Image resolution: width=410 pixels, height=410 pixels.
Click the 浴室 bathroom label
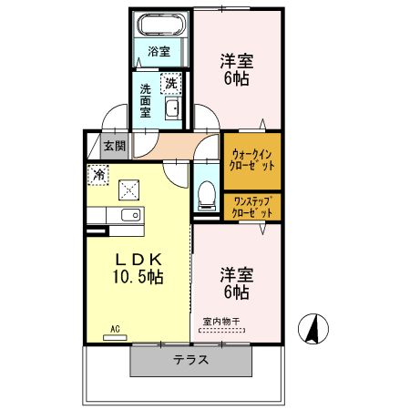click(x=159, y=52)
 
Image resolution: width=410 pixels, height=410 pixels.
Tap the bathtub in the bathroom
click(x=162, y=26)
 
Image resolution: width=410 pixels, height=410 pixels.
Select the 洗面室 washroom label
click(x=147, y=102)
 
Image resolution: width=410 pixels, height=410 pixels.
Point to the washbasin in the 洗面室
click(x=172, y=111)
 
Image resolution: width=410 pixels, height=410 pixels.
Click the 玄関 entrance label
click(x=114, y=144)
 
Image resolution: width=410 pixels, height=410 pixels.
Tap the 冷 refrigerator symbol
click(x=97, y=172)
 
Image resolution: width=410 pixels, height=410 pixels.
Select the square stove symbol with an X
click(x=129, y=190)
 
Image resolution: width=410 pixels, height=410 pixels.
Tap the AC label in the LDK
click(x=115, y=329)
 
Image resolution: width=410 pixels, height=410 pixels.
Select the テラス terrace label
click(x=190, y=359)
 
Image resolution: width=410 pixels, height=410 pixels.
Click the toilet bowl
click(x=206, y=192)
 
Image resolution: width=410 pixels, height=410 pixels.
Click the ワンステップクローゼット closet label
click(x=251, y=206)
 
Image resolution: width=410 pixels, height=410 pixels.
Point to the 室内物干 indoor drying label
click(x=220, y=322)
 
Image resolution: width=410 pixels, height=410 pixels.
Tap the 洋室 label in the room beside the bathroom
click(x=236, y=61)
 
